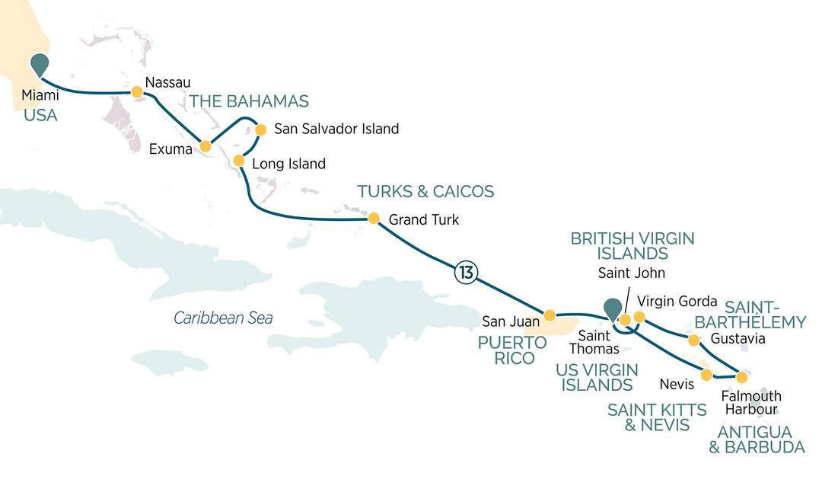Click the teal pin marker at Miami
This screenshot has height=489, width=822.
39,66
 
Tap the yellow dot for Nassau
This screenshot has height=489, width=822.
137,92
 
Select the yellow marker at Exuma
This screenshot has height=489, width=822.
205,146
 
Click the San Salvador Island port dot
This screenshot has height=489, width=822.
260,129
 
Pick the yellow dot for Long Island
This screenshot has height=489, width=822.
238,161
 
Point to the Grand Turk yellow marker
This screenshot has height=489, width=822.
374,219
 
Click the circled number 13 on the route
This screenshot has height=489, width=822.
465,272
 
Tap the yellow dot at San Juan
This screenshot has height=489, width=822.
550,315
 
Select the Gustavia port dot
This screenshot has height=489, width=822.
693,340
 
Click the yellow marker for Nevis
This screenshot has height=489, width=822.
706,375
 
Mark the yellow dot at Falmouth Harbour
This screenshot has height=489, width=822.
741,377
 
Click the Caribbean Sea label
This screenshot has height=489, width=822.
223,318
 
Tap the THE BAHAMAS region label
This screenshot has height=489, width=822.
249,101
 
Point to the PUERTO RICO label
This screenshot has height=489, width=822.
511,350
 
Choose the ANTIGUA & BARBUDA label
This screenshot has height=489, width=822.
757,439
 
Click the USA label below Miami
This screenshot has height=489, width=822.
41,116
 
